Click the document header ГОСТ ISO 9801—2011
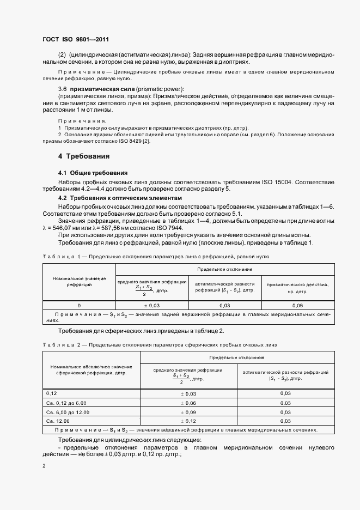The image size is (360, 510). tap(80, 40)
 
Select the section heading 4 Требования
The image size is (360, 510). tap(84, 156)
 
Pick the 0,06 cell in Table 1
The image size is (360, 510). tap(297, 306)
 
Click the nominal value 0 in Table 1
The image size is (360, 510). tap(79, 306)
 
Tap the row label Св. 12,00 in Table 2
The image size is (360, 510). tap(58, 421)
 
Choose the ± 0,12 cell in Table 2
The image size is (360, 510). tap(188, 421)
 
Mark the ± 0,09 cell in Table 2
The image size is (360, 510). tap(188, 411)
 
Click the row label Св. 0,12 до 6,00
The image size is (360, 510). tap(66, 402)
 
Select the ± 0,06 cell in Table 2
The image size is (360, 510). tap(188, 402)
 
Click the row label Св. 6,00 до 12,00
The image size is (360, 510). tap(68, 411)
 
